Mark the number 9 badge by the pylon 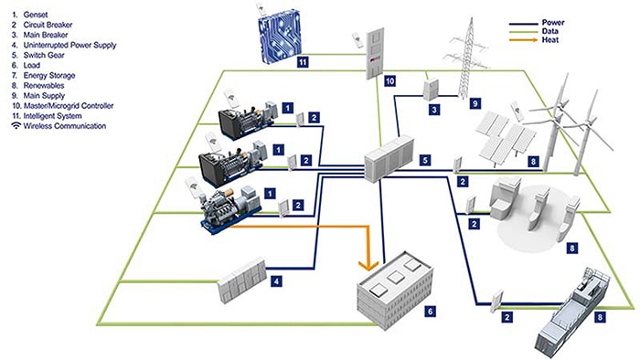(475, 104)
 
